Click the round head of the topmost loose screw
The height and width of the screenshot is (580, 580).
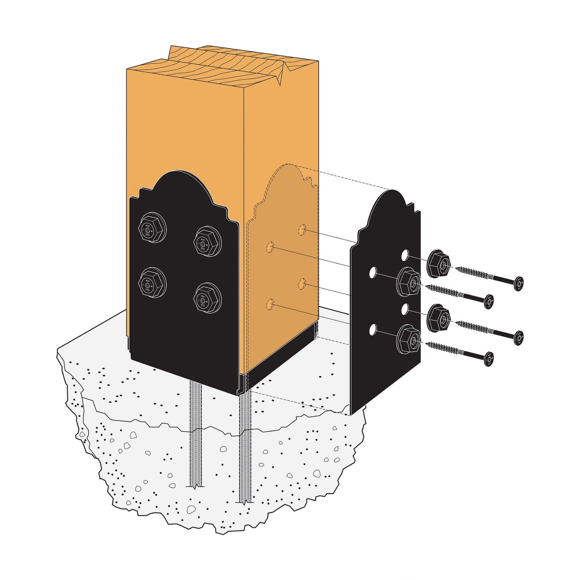tap(519, 284)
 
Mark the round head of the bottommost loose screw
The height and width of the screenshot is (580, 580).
tap(488, 359)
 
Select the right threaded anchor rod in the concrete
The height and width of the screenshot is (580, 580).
tap(245, 446)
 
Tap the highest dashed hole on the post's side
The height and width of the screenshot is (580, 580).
tap(302, 230)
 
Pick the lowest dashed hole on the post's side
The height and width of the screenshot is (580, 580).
tap(271, 304)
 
